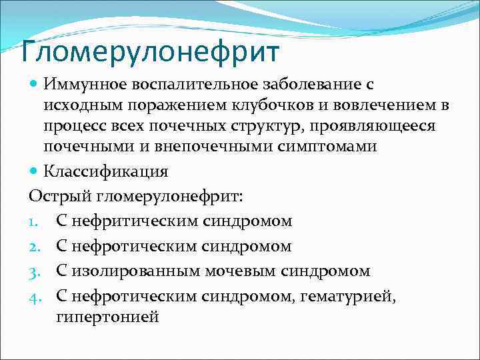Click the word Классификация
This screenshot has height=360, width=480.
click(x=106, y=171)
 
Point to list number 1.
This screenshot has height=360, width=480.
click(x=34, y=221)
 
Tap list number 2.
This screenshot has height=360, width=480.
click(x=35, y=247)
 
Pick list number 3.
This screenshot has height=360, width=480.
click(x=35, y=272)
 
